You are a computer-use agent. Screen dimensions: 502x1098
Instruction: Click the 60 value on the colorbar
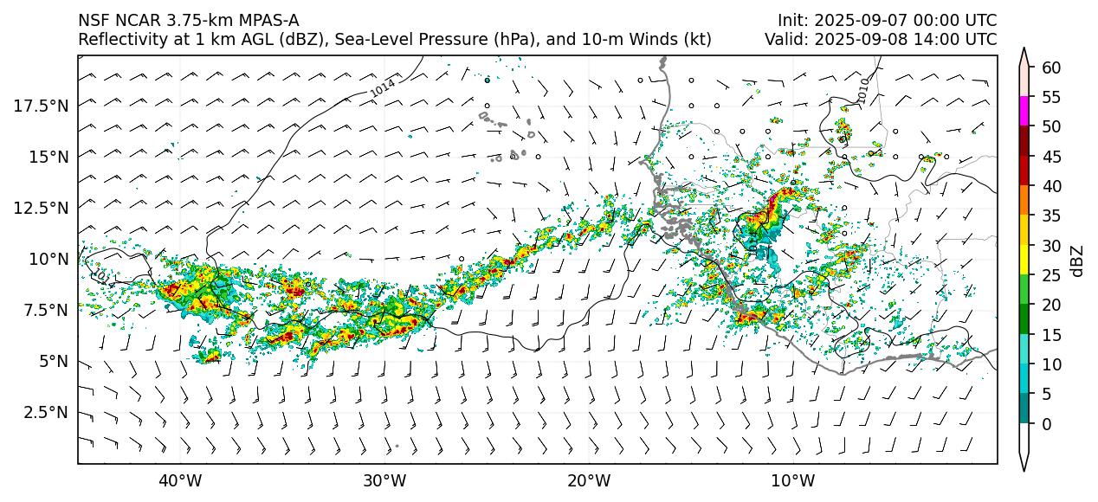tap(1050, 68)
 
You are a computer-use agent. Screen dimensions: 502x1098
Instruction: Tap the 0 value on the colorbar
tap(1046, 424)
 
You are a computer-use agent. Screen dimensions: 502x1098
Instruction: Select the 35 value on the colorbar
tap(1050, 216)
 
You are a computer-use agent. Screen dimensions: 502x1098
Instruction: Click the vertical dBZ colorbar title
tap(1077, 260)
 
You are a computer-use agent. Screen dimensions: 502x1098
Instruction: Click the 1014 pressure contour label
tap(382, 87)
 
